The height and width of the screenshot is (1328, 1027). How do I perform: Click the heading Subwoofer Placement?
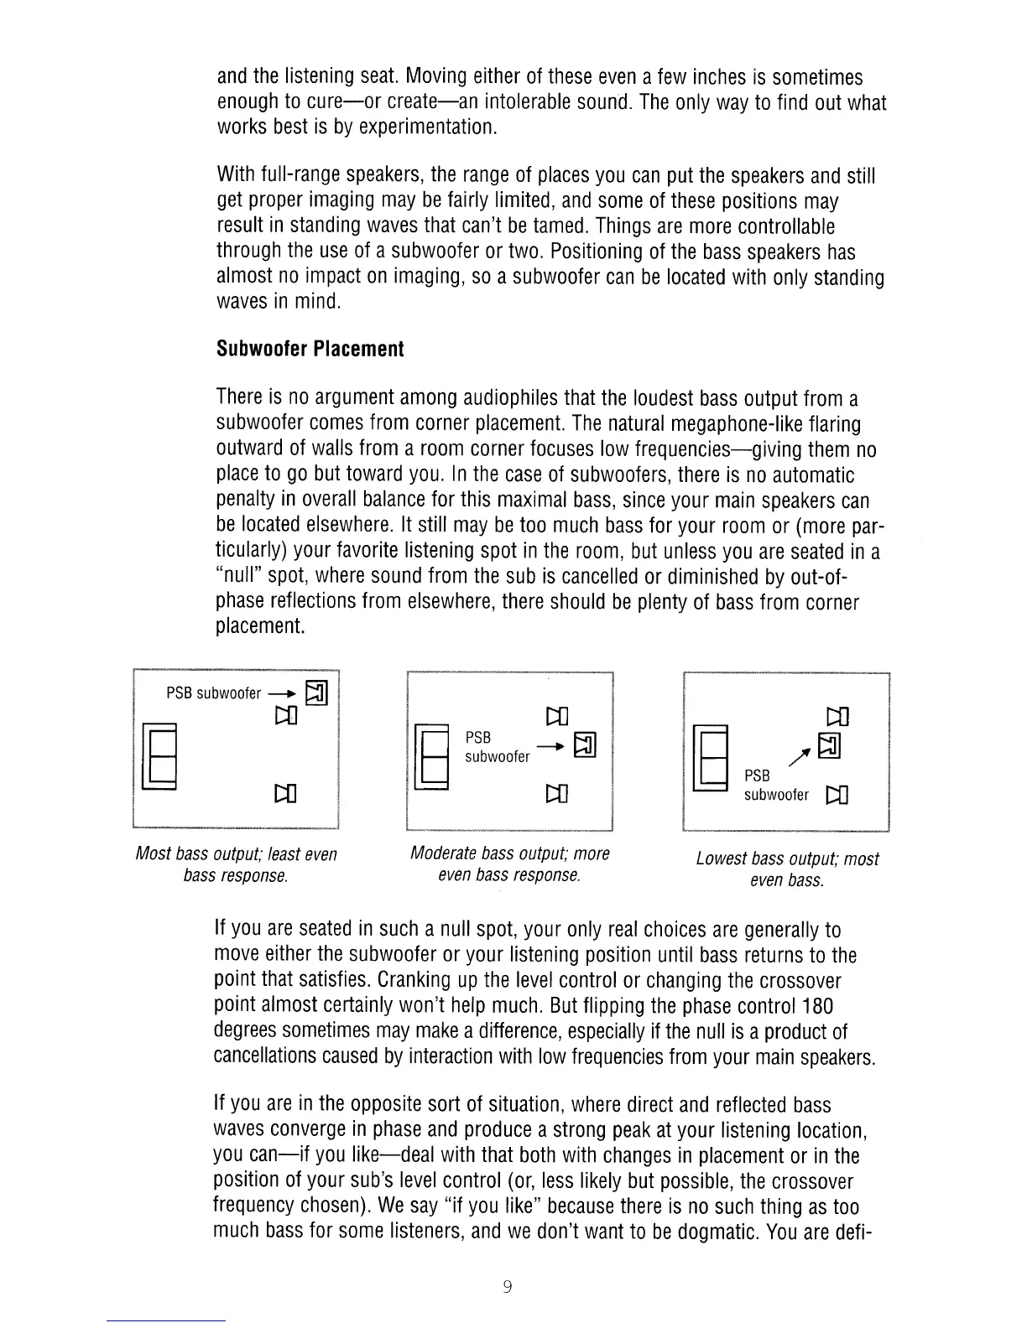point(310,349)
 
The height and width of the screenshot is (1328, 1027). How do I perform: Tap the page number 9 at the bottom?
point(508,1287)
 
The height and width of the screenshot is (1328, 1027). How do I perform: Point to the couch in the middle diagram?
point(433,758)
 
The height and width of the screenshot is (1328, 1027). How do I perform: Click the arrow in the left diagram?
point(281,694)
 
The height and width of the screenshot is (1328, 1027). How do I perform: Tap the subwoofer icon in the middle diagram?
point(586,744)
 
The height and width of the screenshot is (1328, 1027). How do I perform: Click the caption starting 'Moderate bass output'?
point(509,864)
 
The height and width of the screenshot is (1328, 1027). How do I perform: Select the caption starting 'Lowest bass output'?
point(787,869)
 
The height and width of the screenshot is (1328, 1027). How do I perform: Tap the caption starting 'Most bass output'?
point(236,864)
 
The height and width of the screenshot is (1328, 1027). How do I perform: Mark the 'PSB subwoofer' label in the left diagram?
point(214,693)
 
